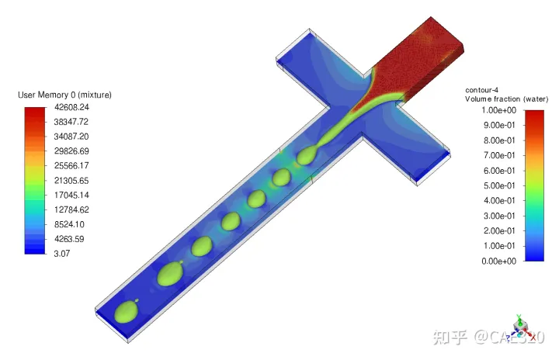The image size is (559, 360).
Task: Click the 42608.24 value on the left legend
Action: tap(71, 107)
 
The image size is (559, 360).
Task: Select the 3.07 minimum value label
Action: tap(61, 254)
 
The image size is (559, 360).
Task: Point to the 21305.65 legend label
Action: tap(71, 180)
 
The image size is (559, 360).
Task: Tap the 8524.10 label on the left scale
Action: tap(69, 224)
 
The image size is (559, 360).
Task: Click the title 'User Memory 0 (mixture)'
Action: tap(64, 95)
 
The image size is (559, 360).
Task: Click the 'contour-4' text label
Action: tap(481, 90)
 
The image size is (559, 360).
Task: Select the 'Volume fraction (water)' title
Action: tap(506, 99)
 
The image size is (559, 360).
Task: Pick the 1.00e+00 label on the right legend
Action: tap(498, 110)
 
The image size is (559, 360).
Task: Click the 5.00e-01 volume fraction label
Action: tap(499, 185)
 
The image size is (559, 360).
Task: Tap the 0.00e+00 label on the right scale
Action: tap(498, 261)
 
